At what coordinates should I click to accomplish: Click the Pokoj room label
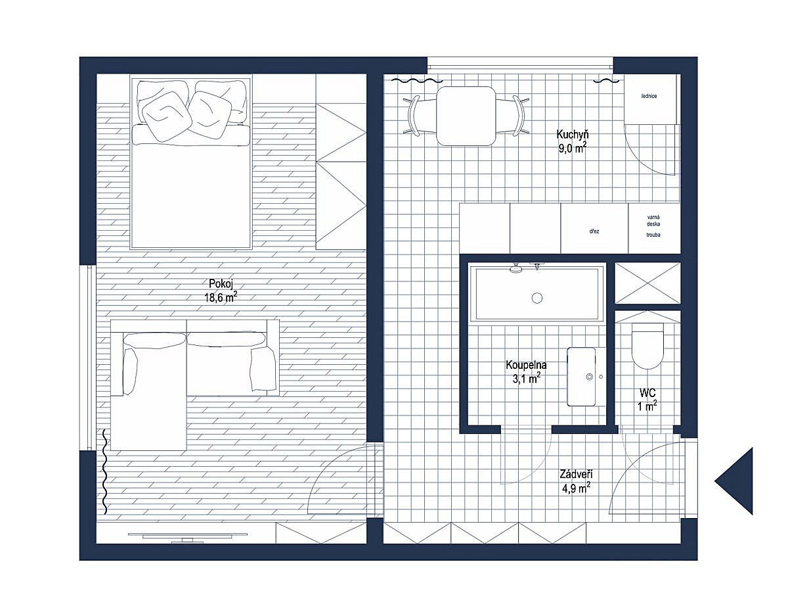221,283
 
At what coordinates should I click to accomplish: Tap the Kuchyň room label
572,134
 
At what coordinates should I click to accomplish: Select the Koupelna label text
526,365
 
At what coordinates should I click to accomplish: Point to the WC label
647,392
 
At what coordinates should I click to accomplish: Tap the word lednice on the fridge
649,96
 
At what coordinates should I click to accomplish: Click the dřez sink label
594,231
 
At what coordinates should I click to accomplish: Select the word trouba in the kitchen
653,235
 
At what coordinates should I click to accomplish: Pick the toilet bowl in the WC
647,346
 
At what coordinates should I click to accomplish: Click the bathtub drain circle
536,298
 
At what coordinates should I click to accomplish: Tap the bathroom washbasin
581,377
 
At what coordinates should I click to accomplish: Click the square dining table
466,116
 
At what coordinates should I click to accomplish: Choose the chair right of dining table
516,116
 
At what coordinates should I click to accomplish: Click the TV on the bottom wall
188,536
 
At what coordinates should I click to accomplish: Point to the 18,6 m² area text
221,298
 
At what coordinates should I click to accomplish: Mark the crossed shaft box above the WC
647,283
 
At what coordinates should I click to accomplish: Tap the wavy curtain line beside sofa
105,471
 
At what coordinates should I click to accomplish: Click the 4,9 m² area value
576,488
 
